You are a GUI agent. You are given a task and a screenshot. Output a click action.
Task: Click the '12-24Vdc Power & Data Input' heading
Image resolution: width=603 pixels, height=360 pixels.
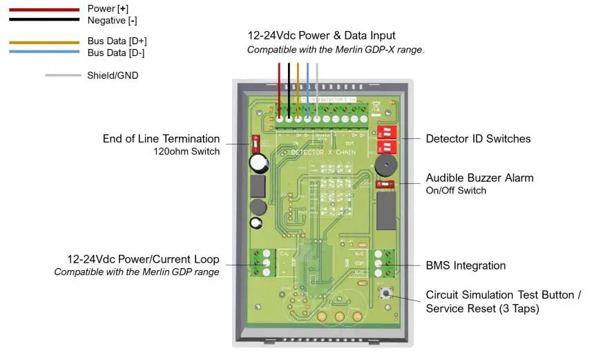click(x=321, y=35)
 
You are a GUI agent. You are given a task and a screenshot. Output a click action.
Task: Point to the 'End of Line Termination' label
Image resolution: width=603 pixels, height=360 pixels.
click(x=161, y=139)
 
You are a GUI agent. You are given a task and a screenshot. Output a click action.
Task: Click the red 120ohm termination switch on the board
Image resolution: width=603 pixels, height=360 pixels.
click(x=255, y=144)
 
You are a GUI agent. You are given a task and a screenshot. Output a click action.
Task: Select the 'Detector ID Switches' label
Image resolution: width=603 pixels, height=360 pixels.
click(x=478, y=139)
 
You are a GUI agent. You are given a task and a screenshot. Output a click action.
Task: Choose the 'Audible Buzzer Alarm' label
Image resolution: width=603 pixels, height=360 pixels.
click(x=479, y=178)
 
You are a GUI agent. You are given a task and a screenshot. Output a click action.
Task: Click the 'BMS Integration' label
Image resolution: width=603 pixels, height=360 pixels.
click(x=466, y=265)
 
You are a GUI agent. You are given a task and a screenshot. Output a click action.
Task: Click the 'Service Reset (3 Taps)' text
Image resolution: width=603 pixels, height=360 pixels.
click(x=482, y=309)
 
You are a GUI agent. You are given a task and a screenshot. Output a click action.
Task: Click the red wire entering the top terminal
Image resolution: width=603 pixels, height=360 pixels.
click(x=279, y=86)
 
